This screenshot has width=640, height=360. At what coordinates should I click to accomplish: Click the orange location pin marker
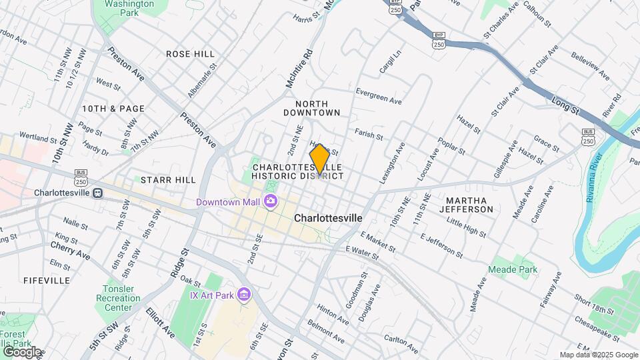(x=319, y=159)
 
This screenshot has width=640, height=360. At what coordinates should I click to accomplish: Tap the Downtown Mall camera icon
(x=271, y=201)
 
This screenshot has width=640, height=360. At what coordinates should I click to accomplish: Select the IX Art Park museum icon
(x=244, y=295)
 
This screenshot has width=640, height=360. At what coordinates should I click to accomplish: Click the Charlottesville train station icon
(x=98, y=193)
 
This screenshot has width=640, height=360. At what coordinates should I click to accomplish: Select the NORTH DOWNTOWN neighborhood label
(x=317, y=108)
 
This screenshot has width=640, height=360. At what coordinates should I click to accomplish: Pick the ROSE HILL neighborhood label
(x=190, y=53)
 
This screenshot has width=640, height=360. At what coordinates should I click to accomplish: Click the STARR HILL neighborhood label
(x=168, y=180)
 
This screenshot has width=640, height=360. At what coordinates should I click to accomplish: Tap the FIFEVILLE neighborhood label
(x=47, y=281)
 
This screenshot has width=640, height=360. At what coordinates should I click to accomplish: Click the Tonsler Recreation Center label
(x=118, y=298)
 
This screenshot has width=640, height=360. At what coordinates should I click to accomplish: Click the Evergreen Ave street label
(x=379, y=96)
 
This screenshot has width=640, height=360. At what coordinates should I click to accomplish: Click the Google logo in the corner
(x=21, y=352)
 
